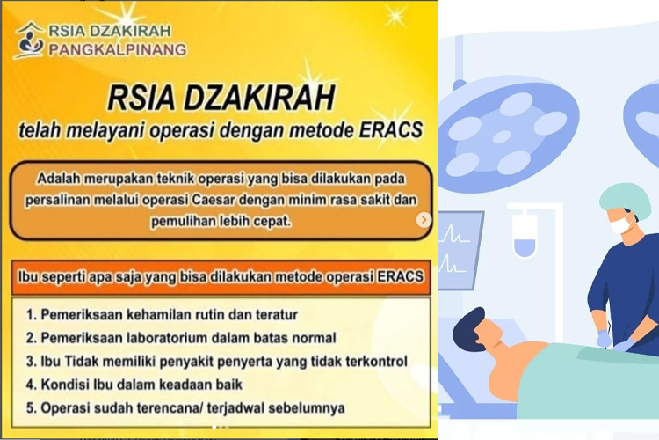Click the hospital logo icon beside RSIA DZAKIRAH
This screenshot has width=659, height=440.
click(29, 40)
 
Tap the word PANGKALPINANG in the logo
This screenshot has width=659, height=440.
click(118, 49)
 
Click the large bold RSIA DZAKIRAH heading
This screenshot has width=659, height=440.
click(221, 98)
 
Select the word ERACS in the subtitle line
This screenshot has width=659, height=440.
click(390, 129)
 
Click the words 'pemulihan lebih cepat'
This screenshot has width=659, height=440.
click(221, 221)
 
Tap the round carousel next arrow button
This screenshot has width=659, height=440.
click(424, 219)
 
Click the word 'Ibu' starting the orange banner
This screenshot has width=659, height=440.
click(28, 277)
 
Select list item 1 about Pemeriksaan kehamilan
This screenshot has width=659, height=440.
click(162, 314)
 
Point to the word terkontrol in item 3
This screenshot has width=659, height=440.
click(377, 362)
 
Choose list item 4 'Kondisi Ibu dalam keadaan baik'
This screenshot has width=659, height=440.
click(134, 385)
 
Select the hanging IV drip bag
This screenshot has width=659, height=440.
click(525, 235)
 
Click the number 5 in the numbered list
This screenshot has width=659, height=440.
click(29, 408)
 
